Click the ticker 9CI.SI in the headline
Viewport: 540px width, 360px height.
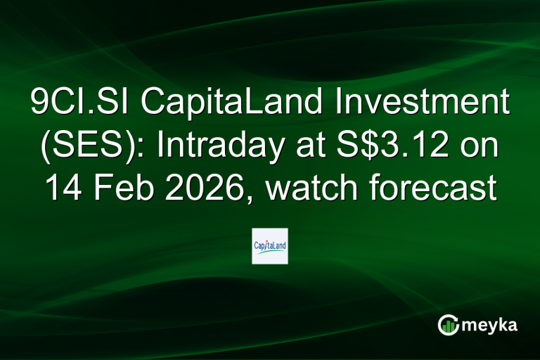point(74,105)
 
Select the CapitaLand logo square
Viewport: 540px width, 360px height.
point(270,245)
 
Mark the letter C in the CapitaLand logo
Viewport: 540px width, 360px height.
point(256,245)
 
